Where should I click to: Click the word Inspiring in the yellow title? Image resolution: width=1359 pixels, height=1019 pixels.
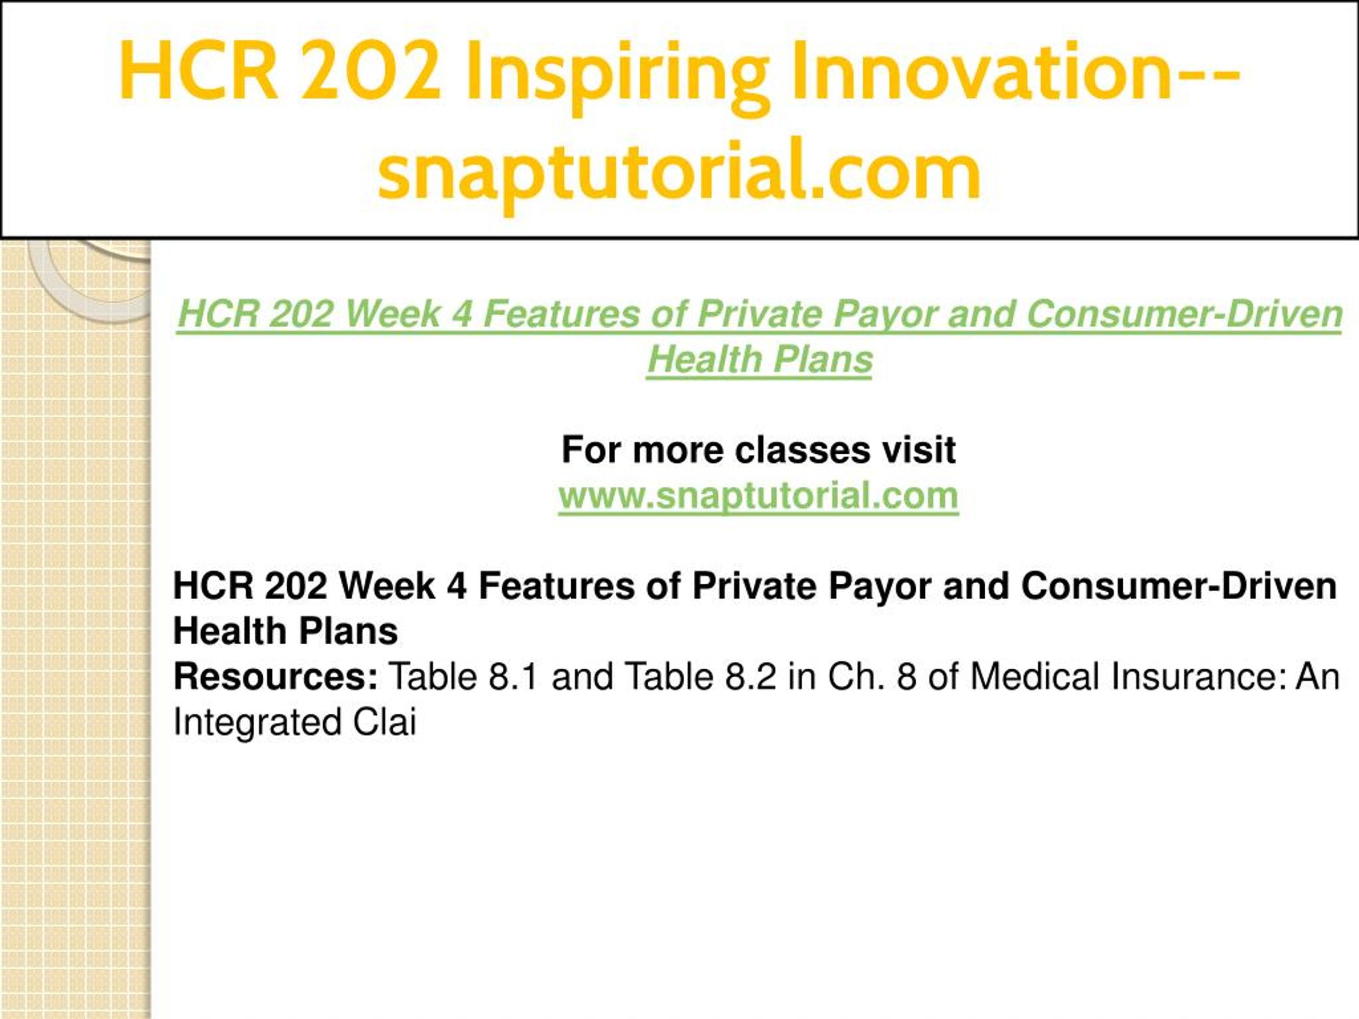point(617,74)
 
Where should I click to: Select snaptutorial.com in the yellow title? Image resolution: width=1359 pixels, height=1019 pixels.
point(679,170)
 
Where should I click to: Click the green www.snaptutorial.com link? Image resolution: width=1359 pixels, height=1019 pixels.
point(758,496)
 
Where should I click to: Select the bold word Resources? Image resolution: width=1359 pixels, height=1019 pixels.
point(275,676)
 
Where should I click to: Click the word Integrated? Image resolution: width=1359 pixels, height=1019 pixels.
point(257,722)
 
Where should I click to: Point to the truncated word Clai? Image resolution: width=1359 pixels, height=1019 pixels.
point(384,722)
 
